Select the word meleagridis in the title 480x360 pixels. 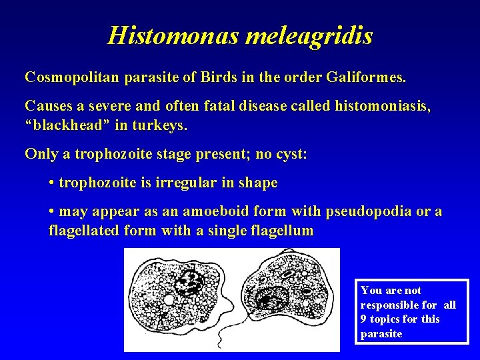[309, 35]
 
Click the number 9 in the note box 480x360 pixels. [364, 319]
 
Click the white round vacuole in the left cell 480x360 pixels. [169, 301]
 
